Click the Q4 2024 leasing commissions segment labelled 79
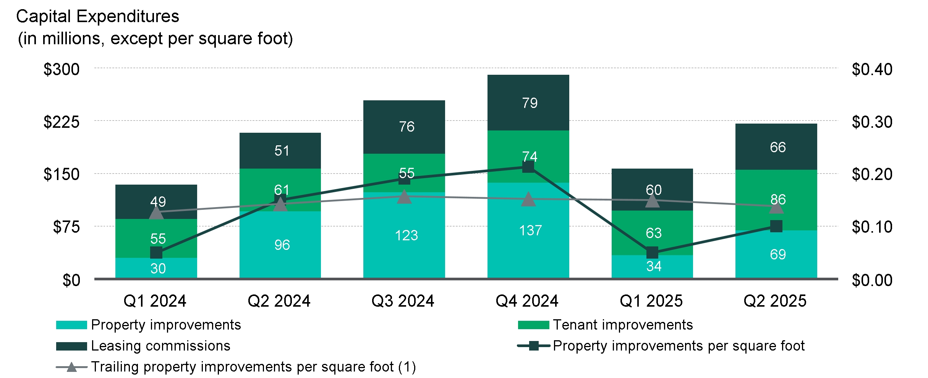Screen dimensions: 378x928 (528, 103)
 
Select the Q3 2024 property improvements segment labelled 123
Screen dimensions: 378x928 (404, 235)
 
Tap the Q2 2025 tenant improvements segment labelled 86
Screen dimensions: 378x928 (776, 199)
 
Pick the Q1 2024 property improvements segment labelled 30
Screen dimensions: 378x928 (156, 268)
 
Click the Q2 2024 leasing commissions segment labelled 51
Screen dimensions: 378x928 (280, 151)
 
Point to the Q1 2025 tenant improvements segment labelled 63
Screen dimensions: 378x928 (652, 233)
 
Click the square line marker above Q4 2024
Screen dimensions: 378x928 (528, 167)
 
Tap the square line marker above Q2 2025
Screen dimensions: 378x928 (776, 226)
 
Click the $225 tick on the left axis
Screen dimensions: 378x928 (62, 122)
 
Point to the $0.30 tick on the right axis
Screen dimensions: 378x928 (872, 122)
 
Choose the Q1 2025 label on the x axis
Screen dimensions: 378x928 (651, 301)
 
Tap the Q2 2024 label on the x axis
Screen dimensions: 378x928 (279, 301)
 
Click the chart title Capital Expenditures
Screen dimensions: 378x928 (98, 16)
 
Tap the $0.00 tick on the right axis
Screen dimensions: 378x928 (872, 280)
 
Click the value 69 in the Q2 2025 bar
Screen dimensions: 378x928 (777, 254)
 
